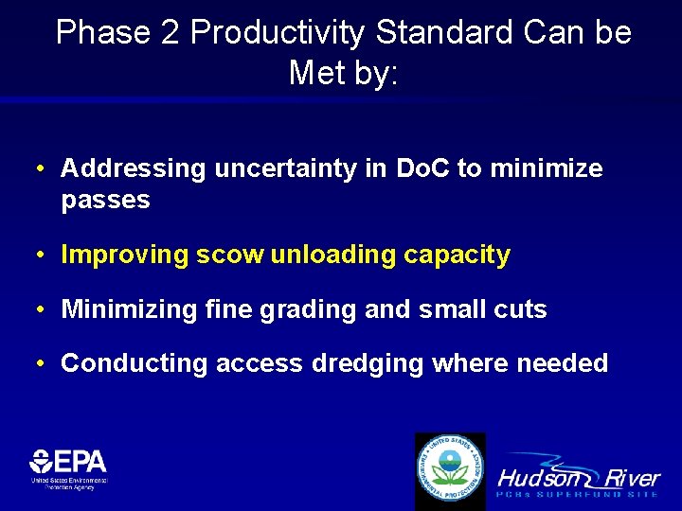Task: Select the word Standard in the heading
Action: [x=445, y=33]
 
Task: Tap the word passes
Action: [x=105, y=200]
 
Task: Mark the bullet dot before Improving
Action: [x=43, y=255]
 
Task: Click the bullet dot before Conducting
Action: [x=43, y=363]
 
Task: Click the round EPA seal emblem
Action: [x=450, y=470]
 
